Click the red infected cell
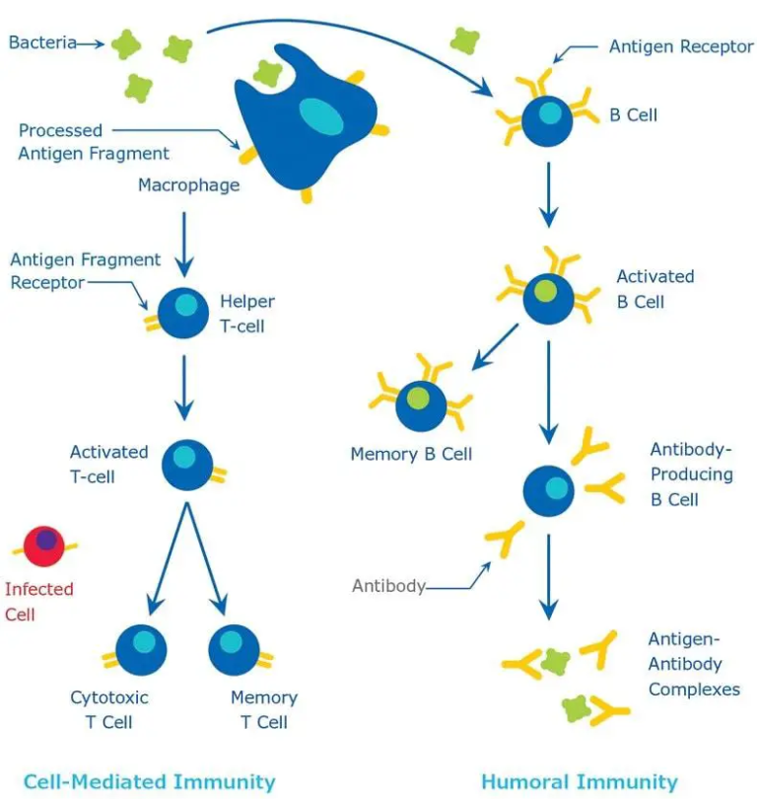[43, 545]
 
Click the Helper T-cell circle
[182, 313]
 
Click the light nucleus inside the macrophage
[322, 116]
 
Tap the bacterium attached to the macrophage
[267, 72]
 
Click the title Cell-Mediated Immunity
[149, 782]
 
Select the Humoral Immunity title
[580, 782]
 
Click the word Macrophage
[188, 184]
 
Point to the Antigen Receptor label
[680, 46]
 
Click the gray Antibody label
[388, 586]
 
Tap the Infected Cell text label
[39, 601]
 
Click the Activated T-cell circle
[185, 465]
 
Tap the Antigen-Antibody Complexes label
[694, 664]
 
